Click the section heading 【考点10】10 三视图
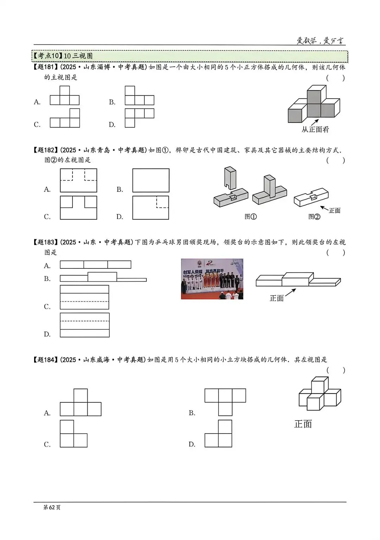pyautogui.click(x=63, y=56)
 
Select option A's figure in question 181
pyautogui.click(x=64, y=96)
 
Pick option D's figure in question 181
pyautogui.click(x=139, y=117)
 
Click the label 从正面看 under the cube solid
pyautogui.click(x=315, y=129)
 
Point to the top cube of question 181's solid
pyautogui.click(x=314, y=94)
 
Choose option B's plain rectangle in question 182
pyautogui.click(x=151, y=180)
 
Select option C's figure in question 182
pyautogui.click(x=78, y=208)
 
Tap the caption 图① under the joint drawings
pyautogui.click(x=251, y=216)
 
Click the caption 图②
pyautogui.click(x=314, y=216)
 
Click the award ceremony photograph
pyautogui.click(x=212, y=279)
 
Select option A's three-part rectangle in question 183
pyautogui.click(x=95, y=265)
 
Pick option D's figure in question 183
pyautogui.click(x=84, y=325)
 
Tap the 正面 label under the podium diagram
pyautogui.click(x=277, y=298)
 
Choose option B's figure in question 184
pyautogui.click(x=225, y=402)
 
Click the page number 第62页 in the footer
pyautogui.click(x=52, y=507)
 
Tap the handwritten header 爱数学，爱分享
pyautogui.click(x=320, y=41)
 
